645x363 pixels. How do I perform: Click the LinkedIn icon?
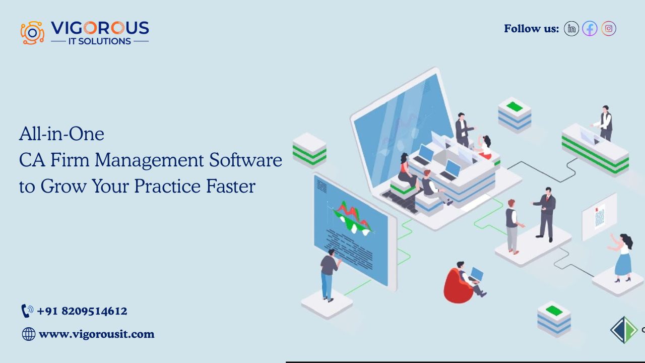(571, 29)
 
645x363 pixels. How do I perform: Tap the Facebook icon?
(590, 29)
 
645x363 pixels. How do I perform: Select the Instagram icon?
(608, 29)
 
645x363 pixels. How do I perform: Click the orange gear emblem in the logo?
(32, 33)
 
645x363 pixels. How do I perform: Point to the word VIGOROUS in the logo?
(100, 28)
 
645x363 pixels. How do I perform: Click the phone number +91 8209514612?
(82, 311)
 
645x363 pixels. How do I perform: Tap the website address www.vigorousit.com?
(96, 334)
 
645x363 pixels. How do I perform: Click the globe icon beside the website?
(29, 334)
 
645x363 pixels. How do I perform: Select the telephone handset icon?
(27, 311)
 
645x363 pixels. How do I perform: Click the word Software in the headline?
(245, 160)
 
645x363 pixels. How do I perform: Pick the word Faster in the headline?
(231, 186)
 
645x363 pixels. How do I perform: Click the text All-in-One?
(61, 134)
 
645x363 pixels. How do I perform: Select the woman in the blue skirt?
(622, 258)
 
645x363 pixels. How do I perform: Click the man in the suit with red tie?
(545, 215)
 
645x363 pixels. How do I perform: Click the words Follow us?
(531, 29)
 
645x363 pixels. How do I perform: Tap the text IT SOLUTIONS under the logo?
(100, 41)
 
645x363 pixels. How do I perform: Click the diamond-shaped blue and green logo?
(624, 330)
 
